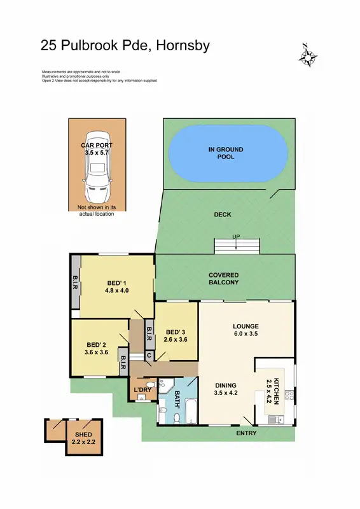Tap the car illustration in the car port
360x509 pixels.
97,162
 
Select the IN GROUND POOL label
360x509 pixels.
226,153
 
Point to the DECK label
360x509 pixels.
222,215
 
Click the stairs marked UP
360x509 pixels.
237,246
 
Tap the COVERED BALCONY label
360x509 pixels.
224,279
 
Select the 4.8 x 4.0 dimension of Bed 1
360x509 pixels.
116,291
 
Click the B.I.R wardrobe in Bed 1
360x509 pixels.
75,285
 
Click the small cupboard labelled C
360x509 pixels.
148,355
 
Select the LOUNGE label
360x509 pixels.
246,326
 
